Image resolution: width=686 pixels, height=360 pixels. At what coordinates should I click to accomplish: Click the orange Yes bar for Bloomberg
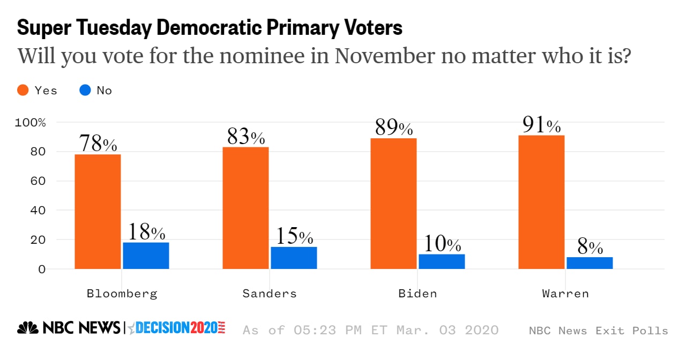pos(98,212)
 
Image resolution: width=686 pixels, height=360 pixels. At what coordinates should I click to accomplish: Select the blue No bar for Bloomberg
pos(146,256)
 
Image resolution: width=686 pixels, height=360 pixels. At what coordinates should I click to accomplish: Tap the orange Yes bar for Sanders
pos(245,208)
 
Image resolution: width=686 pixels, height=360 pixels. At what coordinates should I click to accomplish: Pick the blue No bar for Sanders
pos(294,258)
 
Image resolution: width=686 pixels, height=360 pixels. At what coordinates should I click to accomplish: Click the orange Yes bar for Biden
pos(393,204)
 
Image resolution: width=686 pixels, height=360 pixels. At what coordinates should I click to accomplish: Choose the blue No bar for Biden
pos(442,261)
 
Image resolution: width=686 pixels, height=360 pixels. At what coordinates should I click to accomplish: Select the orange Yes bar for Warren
pos(541,202)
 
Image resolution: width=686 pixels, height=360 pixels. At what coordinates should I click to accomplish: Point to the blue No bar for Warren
pos(590,263)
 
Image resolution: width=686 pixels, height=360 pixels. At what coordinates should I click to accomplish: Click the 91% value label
pos(541,125)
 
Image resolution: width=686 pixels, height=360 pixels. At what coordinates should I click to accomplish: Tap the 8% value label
pos(590,247)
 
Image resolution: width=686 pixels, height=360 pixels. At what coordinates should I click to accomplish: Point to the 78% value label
pos(98,144)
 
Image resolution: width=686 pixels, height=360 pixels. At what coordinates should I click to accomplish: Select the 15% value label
pos(294,236)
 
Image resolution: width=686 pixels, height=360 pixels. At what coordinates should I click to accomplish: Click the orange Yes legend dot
pos(23,91)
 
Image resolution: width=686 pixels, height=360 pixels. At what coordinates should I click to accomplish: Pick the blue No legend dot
pos(85,91)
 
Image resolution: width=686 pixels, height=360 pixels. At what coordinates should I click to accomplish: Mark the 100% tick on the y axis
pos(31,123)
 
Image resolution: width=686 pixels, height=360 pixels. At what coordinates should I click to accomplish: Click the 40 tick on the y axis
pos(38,211)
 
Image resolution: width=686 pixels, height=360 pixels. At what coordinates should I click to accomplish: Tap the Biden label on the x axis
pos(417,294)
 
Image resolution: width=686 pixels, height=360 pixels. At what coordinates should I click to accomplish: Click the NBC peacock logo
pos(28,328)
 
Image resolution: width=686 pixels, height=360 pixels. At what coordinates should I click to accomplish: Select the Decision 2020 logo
pos(180,328)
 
